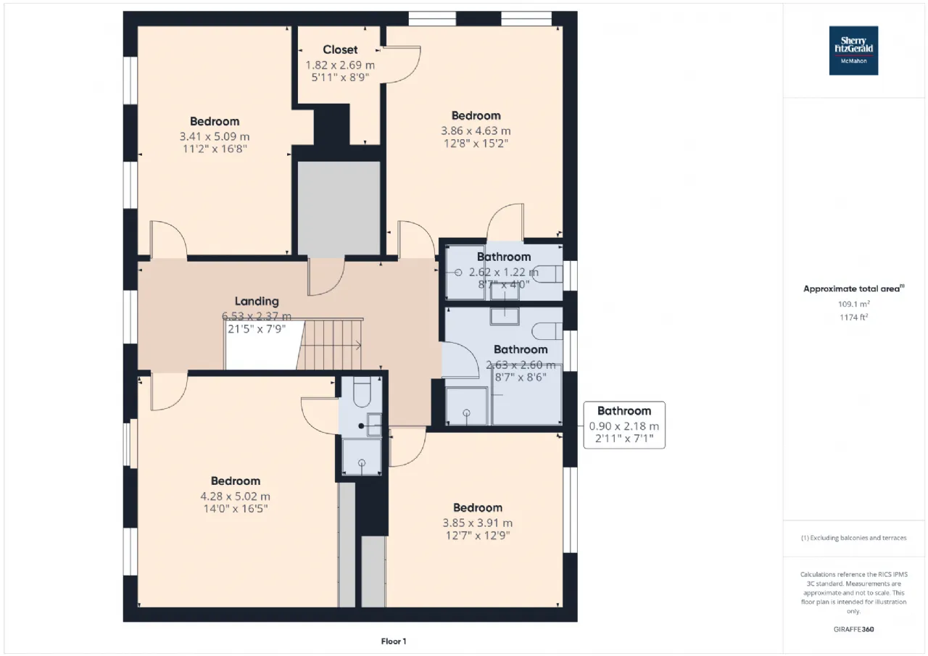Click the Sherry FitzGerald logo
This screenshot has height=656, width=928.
(853, 51)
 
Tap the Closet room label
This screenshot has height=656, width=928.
(340, 49)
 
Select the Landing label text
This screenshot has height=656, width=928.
(257, 301)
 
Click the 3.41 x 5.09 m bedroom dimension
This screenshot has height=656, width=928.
(215, 136)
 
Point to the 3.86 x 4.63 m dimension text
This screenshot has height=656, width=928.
(476, 130)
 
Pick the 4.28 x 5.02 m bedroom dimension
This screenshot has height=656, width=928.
(236, 496)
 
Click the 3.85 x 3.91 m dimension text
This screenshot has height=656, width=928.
(477, 523)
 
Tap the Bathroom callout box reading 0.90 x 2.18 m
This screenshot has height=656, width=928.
(623, 425)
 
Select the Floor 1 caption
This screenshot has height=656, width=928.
(394, 641)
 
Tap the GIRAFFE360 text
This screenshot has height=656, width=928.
(853, 629)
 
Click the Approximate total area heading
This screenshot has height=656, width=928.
(852, 288)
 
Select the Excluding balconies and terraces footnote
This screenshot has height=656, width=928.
(853, 538)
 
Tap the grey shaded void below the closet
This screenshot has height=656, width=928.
(339, 207)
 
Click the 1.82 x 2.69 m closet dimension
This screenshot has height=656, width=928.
(340, 65)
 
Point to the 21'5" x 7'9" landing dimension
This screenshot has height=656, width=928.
(257, 328)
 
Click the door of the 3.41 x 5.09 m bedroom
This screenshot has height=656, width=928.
(168, 239)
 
